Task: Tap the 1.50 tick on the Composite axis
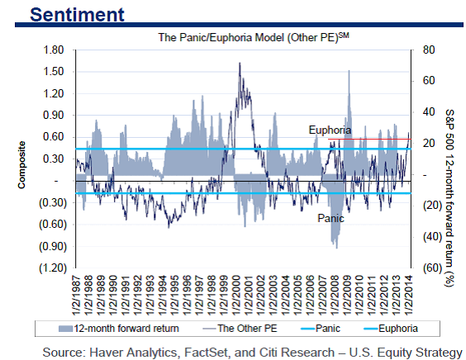pyautogui.click(x=55, y=72)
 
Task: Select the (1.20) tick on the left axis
pyautogui.click(x=52, y=268)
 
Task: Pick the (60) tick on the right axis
pyautogui.click(x=427, y=268)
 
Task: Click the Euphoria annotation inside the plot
pyautogui.click(x=330, y=130)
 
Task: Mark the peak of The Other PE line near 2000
pyautogui.click(x=240, y=62)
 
